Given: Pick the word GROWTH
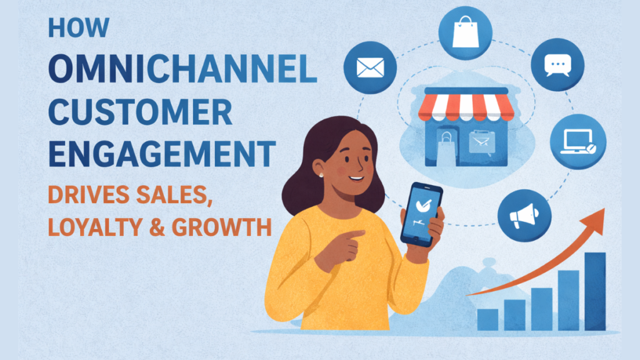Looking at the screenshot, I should coord(227,227).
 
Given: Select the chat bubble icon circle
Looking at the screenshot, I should coord(557,65).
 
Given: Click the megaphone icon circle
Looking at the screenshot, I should coord(524,216).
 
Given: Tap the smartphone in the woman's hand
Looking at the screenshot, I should coord(420,214).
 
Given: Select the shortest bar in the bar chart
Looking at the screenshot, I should coord(487,319).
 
